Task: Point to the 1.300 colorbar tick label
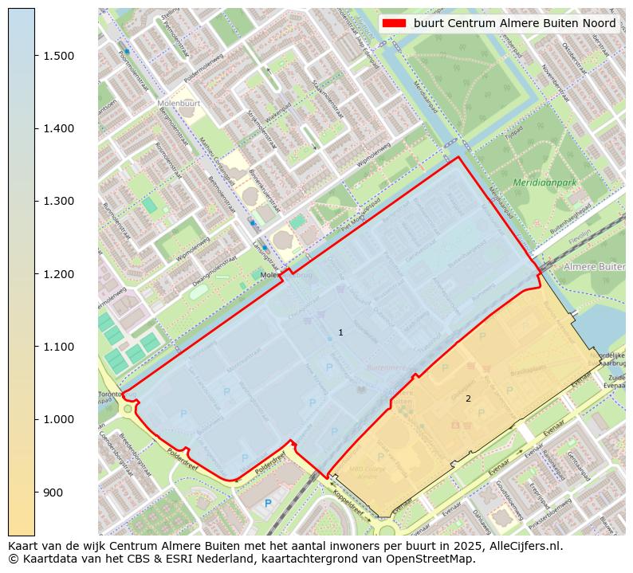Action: point(58,202)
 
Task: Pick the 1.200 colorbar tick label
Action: point(58,274)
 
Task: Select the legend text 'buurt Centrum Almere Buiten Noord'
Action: point(514,23)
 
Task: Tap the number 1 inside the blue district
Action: point(340,332)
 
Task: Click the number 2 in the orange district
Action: point(468,398)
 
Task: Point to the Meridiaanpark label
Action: point(545,182)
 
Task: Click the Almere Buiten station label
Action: point(594,266)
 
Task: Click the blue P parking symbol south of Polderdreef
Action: point(268,503)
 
